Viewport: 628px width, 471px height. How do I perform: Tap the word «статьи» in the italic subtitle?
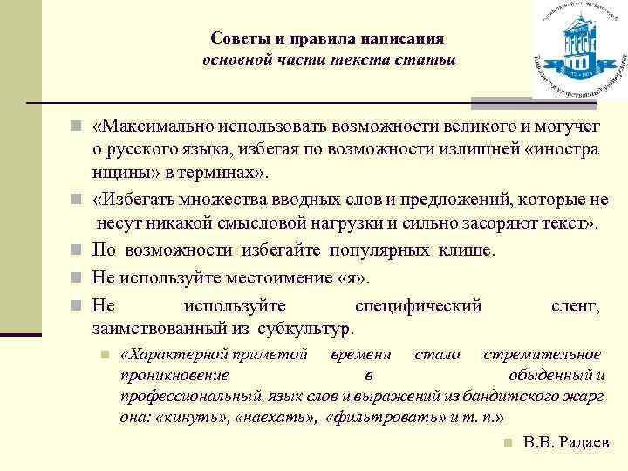point(427,60)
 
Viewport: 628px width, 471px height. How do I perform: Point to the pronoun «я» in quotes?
point(352,278)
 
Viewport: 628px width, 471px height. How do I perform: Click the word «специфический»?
point(420,306)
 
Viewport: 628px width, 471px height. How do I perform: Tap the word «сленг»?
point(575,306)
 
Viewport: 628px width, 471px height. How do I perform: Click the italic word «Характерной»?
point(180,354)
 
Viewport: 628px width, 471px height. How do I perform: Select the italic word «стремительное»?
point(543,354)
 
